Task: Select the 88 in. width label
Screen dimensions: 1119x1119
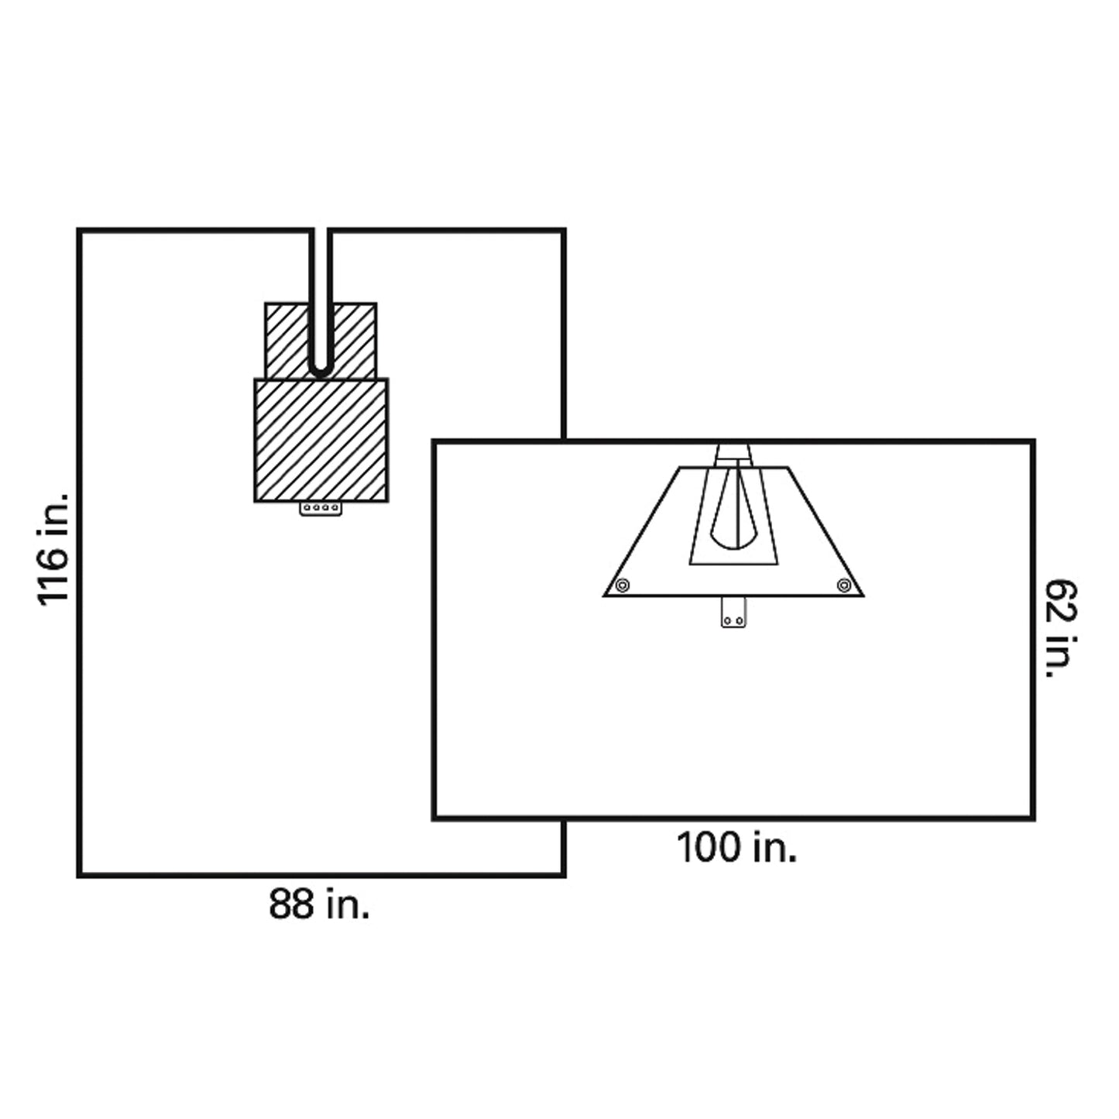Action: (319, 904)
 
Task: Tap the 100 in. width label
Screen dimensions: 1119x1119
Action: (736, 847)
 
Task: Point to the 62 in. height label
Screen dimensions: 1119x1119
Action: (1061, 629)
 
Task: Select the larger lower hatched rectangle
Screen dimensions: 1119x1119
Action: (321, 440)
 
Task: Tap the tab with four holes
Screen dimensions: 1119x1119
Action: (321, 509)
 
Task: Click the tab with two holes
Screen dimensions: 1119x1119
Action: (733, 612)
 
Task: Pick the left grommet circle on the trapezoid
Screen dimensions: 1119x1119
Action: (622, 585)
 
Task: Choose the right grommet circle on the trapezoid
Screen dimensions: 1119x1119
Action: (844, 585)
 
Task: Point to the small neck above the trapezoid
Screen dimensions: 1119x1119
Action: (733, 453)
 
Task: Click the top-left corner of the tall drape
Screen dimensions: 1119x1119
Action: (79, 231)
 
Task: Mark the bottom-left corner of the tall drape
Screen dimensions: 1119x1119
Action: (79, 875)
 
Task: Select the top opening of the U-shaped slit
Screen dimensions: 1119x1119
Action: (321, 232)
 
